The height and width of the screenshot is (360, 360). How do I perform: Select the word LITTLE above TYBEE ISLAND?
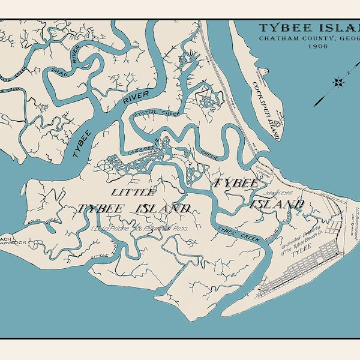coord(133,192)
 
